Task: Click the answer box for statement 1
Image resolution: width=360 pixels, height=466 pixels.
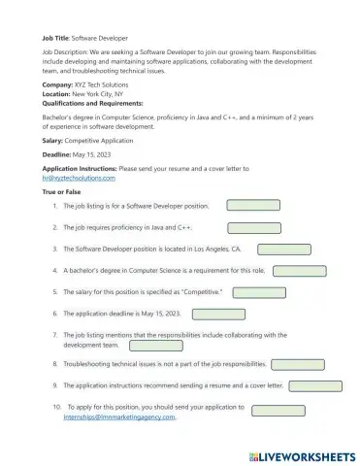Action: (x=252, y=206)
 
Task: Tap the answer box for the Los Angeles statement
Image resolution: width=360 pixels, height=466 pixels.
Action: (x=285, y=250)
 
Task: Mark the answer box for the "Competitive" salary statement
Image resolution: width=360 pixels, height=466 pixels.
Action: (x=260, y=292)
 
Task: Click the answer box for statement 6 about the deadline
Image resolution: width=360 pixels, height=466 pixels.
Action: (x=219, y=314)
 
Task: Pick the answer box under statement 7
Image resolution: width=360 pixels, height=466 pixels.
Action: (x=128, y=345)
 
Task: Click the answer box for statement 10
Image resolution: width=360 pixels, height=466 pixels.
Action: (x=278, y=411)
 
